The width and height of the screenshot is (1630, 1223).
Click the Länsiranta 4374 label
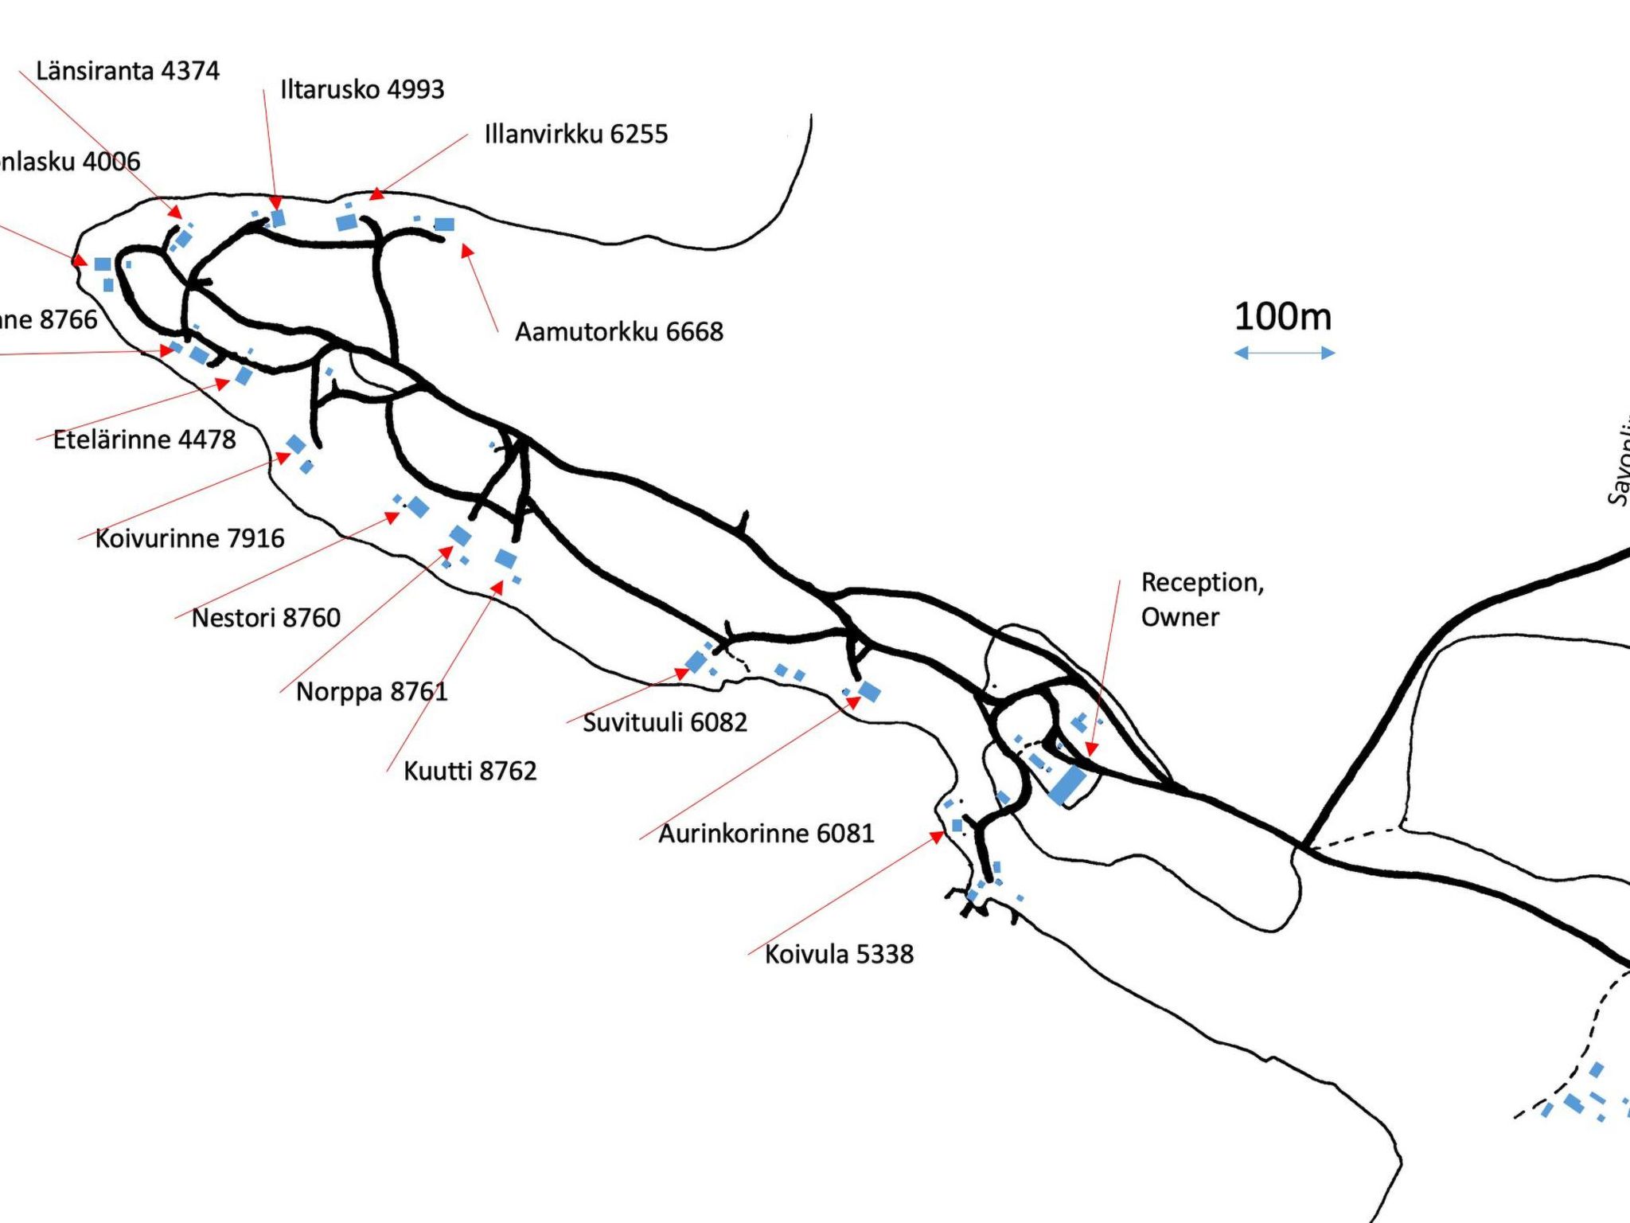(127, 71)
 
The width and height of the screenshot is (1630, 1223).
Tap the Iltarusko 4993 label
(362, 89)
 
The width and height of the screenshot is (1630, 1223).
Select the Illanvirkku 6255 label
(576, 134)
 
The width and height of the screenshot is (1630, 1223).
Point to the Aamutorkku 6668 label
(619, 331)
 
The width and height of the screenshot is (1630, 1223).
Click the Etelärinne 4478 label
(145, 440)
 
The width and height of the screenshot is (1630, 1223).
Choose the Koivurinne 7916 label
(189, 538)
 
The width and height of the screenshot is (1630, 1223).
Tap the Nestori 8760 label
(266, 618)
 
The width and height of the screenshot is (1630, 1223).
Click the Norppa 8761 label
(372, 691)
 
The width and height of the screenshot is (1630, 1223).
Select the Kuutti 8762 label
(470, 771)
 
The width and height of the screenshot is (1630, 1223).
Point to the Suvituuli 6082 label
(665, 722)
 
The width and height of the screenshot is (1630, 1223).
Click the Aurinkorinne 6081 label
(766, 834)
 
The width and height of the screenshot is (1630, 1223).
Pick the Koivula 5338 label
(839, 954)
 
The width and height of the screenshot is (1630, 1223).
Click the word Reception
(1202, 583)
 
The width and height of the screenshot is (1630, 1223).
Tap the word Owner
(1180, 617)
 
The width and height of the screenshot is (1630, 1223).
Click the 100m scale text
(1282, 317)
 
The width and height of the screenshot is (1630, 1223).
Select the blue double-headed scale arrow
(1284, 353)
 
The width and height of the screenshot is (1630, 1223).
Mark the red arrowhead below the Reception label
(1091, 748)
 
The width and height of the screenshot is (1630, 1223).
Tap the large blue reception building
(1067, 784)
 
